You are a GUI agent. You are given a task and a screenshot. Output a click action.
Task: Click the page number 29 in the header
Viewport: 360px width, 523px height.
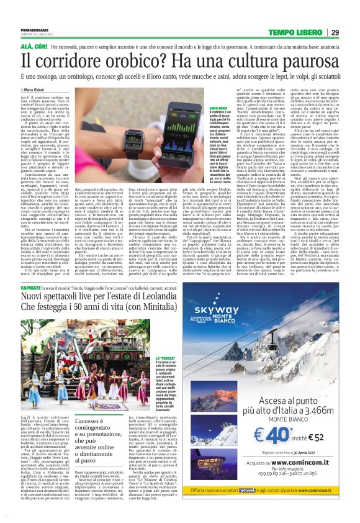pos(351,32)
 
